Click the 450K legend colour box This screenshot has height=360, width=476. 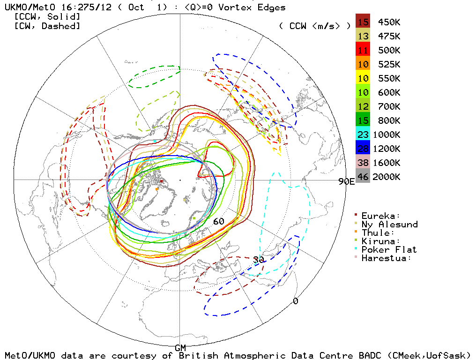point(363,22)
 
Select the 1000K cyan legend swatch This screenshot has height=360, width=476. point(363,135)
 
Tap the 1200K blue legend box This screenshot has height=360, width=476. point(363,149)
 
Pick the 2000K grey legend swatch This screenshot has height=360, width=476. point(363,177)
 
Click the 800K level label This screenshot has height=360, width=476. point(387,120)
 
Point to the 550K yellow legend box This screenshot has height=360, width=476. point(363,78)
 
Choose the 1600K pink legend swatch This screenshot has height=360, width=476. point(363,163)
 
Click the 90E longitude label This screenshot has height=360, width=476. point(346,182)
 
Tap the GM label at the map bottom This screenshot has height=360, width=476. point(180,348)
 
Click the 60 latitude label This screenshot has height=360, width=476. point(219,221)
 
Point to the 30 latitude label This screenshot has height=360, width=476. point(258,260)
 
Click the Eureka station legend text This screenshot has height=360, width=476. point(381,216)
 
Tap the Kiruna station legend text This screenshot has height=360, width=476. point(381,241)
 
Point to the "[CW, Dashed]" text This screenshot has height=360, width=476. point(47,26)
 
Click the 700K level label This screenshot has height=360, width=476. point(387,106)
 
